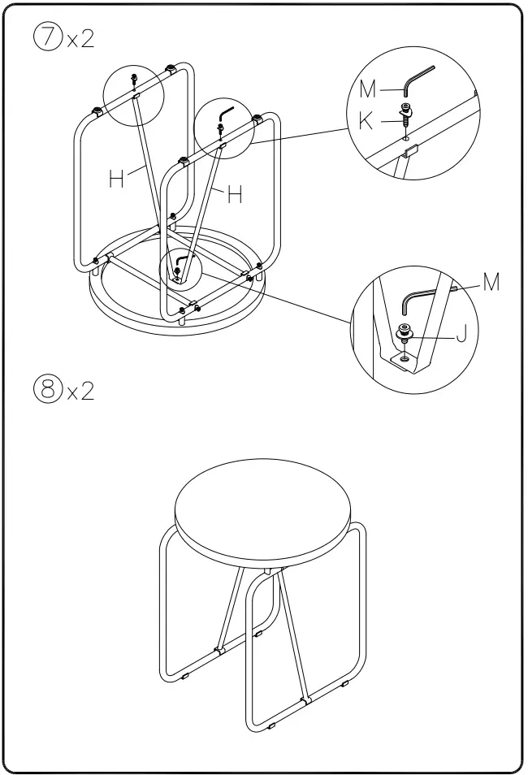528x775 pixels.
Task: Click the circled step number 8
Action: tap(47, 392)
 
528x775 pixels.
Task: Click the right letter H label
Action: tap(235, 195)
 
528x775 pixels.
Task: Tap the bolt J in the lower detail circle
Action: tap(403, 332)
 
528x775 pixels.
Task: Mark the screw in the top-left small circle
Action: tap(133, 80)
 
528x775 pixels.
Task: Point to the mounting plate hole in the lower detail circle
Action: tap(404, 356)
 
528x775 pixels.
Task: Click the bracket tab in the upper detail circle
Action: tap(409, 151)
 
